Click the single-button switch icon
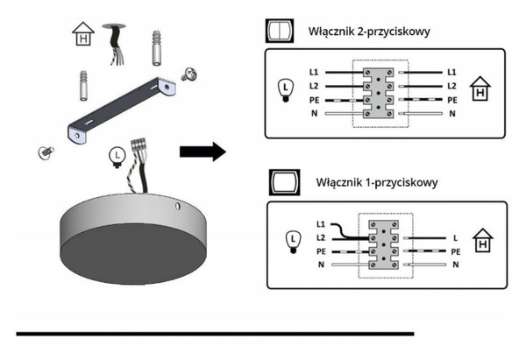(x=280, y=183)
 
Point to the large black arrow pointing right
(x=202, y=152)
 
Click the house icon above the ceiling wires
(x=82, y=35)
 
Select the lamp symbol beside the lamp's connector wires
(x=115, y=156)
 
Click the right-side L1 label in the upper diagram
(x=451, y=71)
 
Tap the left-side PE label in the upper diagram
(x=313, y=100)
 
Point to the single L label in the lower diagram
(x=455, y=237)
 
